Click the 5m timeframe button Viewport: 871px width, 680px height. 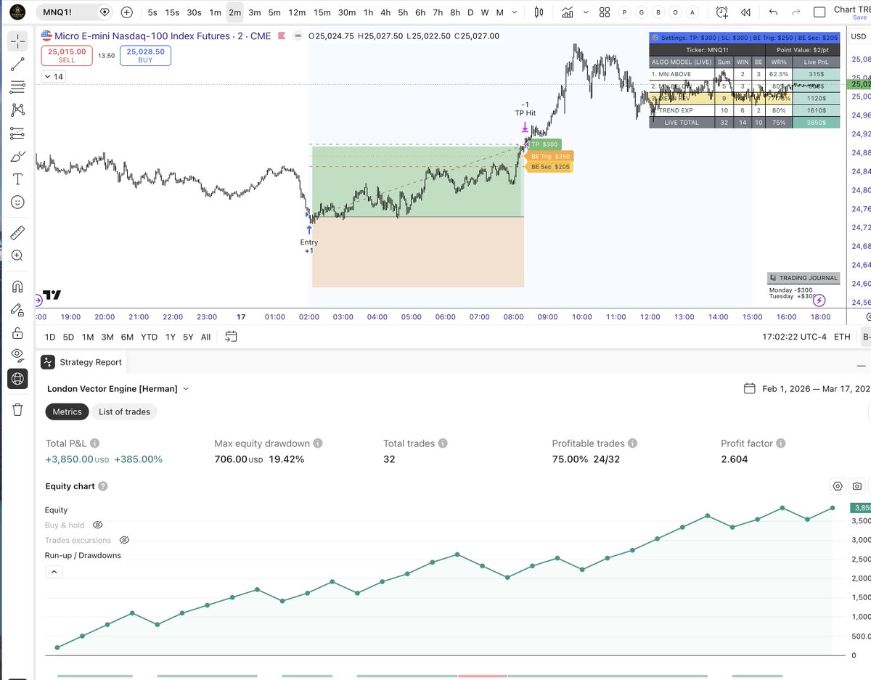274,12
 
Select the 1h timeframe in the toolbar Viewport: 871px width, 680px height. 368,12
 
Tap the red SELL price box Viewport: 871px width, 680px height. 67,56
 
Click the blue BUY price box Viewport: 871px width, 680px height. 145,56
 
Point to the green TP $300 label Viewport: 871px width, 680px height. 544,145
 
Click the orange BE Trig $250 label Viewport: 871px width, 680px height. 550,156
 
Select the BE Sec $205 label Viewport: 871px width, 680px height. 550,167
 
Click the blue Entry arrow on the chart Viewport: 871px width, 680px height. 309,229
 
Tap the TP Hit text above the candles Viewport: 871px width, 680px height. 526,113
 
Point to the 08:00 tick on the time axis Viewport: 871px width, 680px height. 513,317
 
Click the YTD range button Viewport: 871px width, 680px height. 149,337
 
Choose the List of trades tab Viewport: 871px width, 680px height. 124,411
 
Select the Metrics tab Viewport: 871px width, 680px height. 67,411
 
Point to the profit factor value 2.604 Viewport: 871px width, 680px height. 735,459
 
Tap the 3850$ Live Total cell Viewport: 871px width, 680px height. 816,123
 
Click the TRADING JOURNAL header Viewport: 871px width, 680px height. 803,278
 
